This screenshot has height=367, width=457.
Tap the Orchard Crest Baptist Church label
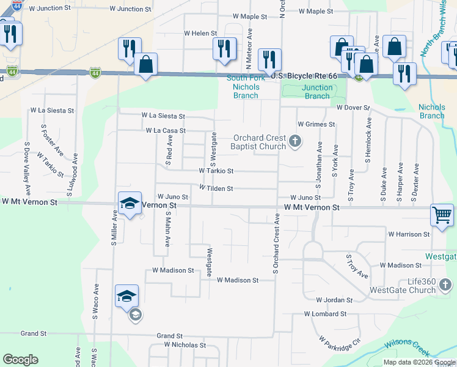[x=258, y=142]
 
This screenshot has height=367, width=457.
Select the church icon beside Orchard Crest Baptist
[x=295, y=142]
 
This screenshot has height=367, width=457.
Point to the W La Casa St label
[x=166, y=130]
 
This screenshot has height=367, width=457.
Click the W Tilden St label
[x=216, y=188]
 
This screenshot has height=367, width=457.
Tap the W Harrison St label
[x=409, y=234]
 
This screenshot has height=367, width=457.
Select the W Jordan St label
[x=334, y=300]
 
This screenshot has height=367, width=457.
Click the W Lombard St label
[x=326, y=314]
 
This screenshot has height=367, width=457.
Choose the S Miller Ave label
[x=114, y=227]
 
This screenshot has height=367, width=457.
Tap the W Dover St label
[x=353, y=108]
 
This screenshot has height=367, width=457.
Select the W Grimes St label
[x=316, y=124]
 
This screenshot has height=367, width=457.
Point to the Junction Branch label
[x=317, y=92]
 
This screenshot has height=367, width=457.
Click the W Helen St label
[x=200, y=33]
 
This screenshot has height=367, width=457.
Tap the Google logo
[x=20, y=360]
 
